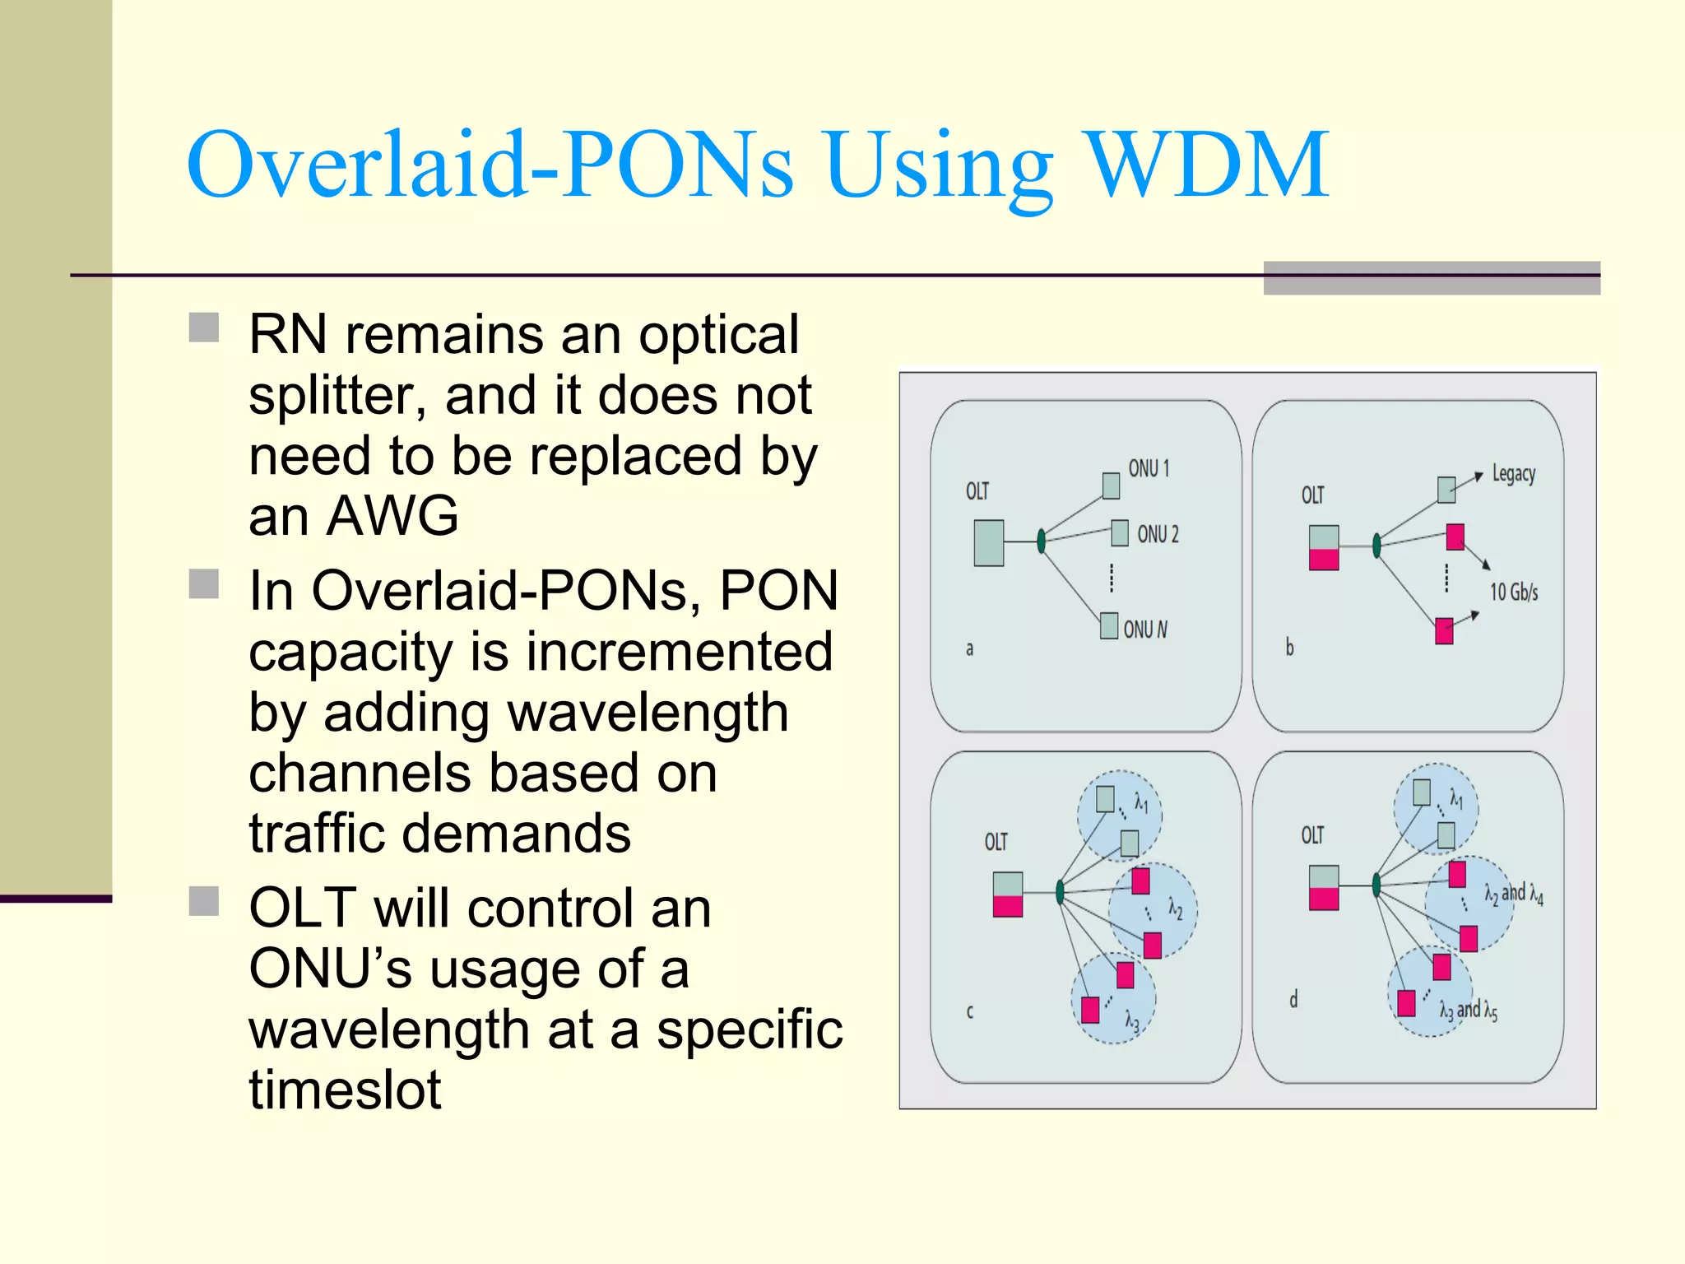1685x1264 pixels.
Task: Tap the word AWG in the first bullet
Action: coord(392,516)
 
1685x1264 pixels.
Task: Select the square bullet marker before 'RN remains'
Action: coord(204,327)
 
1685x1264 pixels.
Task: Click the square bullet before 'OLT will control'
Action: coord(204,901)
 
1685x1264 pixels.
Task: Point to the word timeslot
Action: coord(346,1090)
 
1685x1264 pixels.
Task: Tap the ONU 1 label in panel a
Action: coord(1149,468)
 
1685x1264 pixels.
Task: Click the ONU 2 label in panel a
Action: coord(1158,534)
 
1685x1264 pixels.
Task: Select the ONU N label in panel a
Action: coord(1145,630)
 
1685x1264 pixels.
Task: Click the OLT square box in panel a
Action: coord(988,542)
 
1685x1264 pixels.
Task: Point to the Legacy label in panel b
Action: coord(1514,474)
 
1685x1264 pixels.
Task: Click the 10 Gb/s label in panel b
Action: coord(1514,592)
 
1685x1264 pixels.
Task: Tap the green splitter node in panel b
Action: coord(1376,545)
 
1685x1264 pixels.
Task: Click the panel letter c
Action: coord(970,1011)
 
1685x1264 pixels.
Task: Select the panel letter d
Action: coord(1293,999)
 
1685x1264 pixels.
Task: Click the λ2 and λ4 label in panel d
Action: coord(1514,894)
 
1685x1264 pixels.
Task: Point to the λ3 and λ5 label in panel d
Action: coord(1469,1011)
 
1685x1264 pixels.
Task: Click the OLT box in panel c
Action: coord(1007,895)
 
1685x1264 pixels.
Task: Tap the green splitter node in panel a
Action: coord(1042,541)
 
